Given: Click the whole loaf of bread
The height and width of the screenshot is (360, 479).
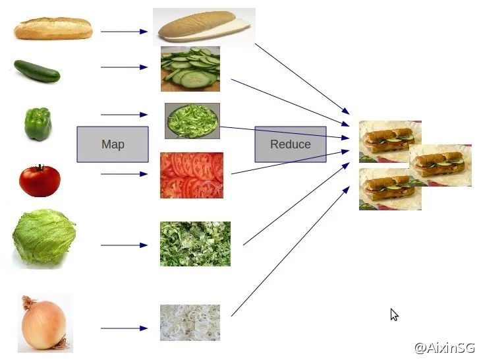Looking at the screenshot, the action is pyautogui.click(x=53, y=28).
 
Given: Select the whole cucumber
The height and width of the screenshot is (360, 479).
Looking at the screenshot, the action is pyautogui.click(x=37, y=71).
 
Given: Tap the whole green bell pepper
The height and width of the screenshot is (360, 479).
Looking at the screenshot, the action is pyautogui.click(x=38, y=124).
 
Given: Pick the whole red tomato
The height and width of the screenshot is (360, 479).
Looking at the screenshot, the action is pyautogui.click(x=40, y=181).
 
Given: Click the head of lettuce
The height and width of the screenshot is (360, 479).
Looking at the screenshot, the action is pyautogui.click(x=44, y=237).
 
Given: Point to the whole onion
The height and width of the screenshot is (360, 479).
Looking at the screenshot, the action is pyautogui.click(x=45, y=323).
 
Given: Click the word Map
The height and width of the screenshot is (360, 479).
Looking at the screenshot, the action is pyautogui.click(x=113, y=144).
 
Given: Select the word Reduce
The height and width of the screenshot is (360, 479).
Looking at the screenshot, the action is pyautogui.click(x=291, y=144).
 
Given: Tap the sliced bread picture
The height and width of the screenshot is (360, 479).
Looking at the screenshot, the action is pyautogui.click(x=204, y=27).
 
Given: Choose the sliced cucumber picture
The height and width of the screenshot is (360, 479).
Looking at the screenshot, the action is pyautogui.click(x=190, y=69).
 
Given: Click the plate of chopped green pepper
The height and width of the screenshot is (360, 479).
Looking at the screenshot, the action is pyautogui.click(x=192, y=121).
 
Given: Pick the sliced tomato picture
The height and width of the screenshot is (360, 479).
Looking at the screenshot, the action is pyautogui.click(x=192, y=175).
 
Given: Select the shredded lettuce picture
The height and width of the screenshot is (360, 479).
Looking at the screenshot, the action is pyautogui.click(x=195, y=244).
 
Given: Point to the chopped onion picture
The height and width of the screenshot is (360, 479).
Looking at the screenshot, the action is pyautogui.click(x=190, y=322).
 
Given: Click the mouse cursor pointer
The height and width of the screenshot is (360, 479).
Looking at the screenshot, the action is pyautogui.click(x=394, y=315).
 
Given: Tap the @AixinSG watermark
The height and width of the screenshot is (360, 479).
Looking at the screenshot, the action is pyautogui.click(x=445, y=347).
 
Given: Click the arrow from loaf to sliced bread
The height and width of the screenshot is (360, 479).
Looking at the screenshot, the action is pyautogui.click(x=124, y=32).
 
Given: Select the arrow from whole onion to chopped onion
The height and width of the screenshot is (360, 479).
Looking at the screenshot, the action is pyautogui.click(x=124, y=328).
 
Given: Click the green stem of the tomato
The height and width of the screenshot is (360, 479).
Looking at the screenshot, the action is pyautogui.click(x=40, y=167).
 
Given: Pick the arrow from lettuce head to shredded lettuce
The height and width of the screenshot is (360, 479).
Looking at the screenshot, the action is pyautogui.click(x=124, y=245).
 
